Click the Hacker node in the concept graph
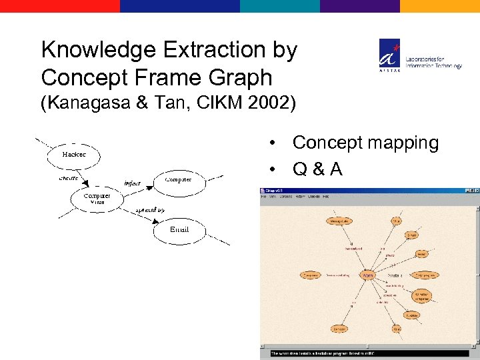tap(73, 155)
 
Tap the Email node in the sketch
tap(179, 230)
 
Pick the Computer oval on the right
tap(178, 179)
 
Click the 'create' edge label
tap(68, 179)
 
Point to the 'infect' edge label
tap(132, 183)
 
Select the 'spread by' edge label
tap(150, 210)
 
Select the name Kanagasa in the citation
tap(93, 103)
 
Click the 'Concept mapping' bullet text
tap(365, 143)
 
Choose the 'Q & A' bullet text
tap(317, 170)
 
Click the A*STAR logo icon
tap(390, 53)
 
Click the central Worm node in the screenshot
tap(367, 275)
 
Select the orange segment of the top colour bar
tap(440, 6)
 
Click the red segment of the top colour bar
tap(60, 6)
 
